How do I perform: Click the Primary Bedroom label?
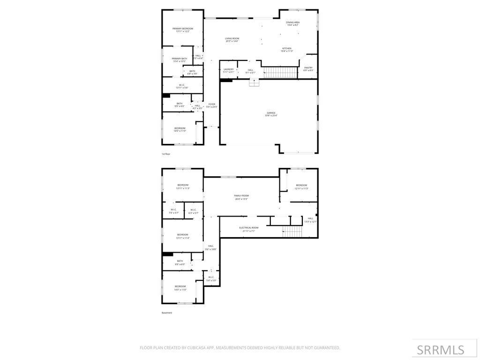(x=182, y=30)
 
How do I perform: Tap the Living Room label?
(x=232, y=40)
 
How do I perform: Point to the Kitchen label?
(x=286, y=50)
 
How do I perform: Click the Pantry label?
(x=308, y=69)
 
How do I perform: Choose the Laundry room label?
(x=228, y=71)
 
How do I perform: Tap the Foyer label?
(x=212, y=105)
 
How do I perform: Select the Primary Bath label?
(x=179, y=60)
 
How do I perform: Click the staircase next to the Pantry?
(x=280, y=73)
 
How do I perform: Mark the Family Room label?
(x=241, y=197)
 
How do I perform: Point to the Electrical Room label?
(x=248, y=229)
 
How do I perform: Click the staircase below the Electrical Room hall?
(x=292, y=232)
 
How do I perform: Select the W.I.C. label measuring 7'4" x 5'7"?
(x=173, y=211)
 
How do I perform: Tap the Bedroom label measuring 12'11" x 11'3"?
(x=301, y=187)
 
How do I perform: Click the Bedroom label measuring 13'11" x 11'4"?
(x=182, y=236)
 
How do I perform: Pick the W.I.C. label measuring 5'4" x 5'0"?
(x=210, y=278)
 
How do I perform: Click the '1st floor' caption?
(x=166, y=154)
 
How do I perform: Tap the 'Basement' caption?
(x=167, y=313)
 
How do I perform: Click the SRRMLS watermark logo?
(x=440, y=350)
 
